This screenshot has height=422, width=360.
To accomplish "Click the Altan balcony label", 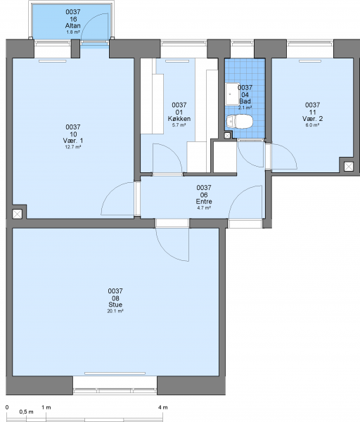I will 72,26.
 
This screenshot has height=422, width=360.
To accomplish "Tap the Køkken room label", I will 179,119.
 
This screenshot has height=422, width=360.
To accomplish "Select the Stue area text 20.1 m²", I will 115,310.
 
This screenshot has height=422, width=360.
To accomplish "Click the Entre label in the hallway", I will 204,202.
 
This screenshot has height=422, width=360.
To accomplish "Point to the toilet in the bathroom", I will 240,122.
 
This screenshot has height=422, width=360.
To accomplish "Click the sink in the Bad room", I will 231,94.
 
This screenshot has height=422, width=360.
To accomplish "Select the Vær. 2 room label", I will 312,119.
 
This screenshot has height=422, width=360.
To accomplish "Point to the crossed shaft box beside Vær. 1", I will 18,214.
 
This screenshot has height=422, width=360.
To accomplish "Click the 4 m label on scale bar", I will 164,407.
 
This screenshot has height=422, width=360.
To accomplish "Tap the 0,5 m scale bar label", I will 27,411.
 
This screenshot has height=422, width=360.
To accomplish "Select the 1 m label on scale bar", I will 46,407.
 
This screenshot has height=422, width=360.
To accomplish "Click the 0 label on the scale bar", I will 7,407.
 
